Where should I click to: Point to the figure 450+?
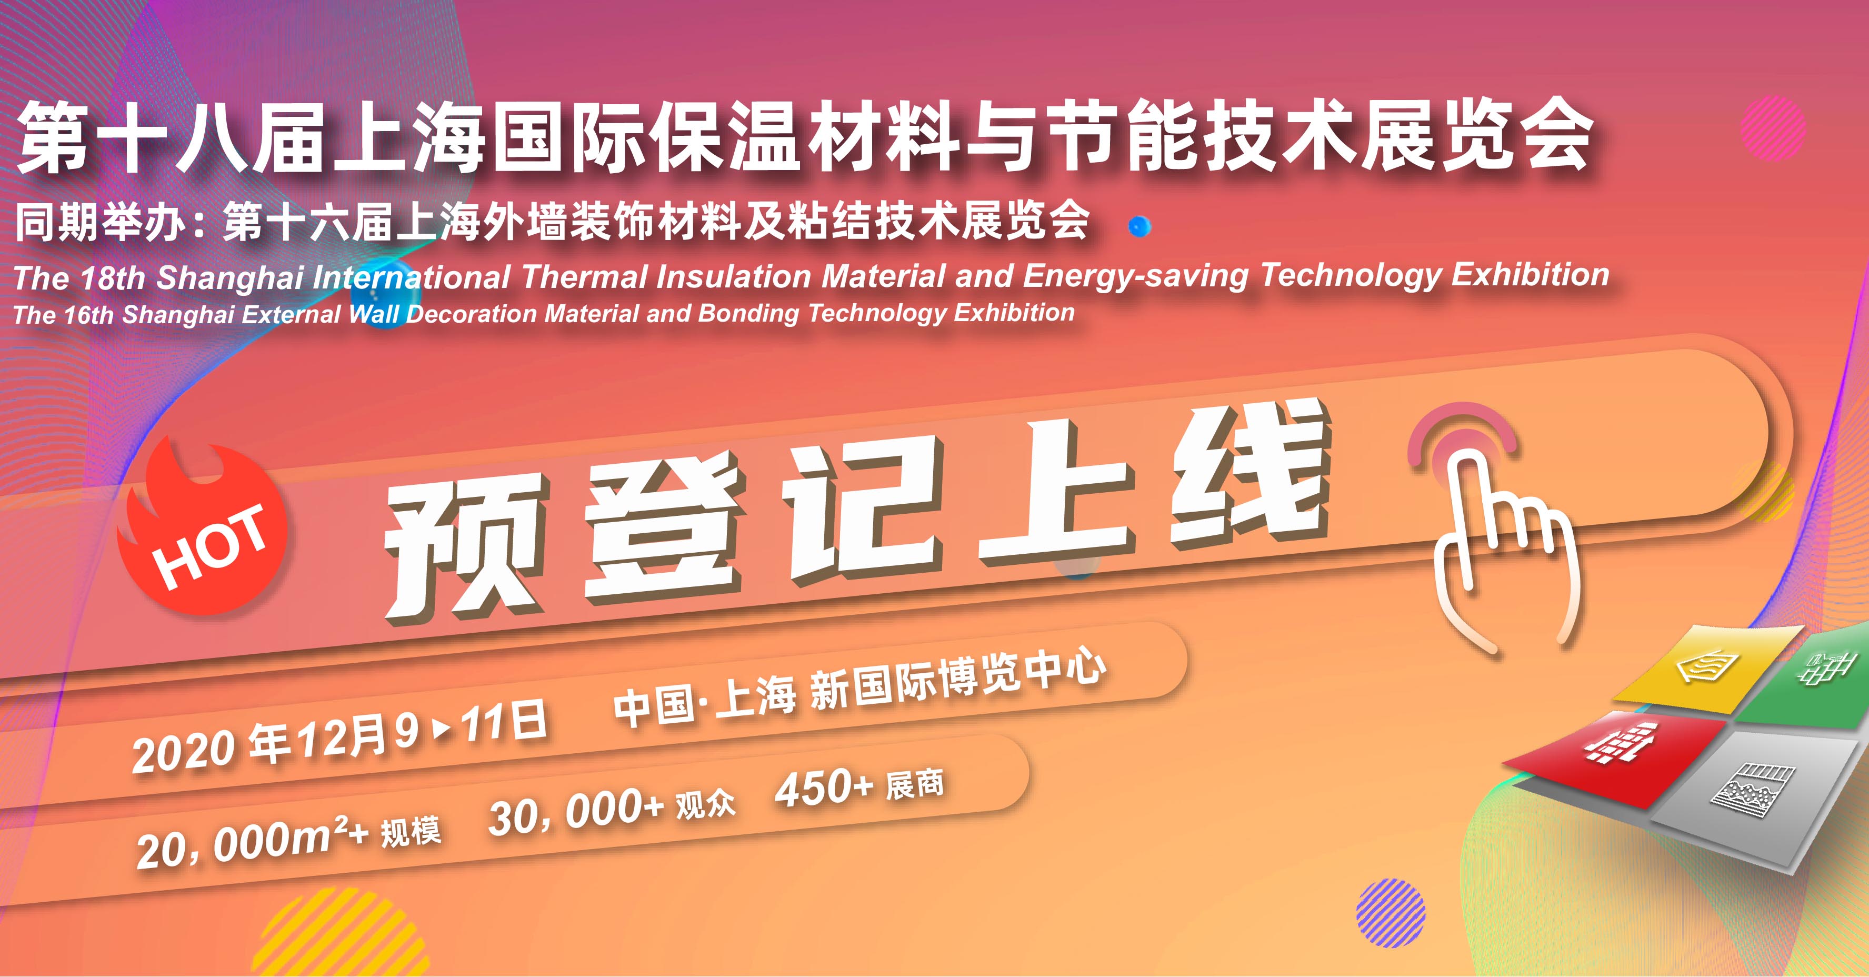coord(824,787)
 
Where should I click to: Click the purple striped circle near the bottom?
coord(1391,912)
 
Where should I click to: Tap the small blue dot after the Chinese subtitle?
coord(1140,226)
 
